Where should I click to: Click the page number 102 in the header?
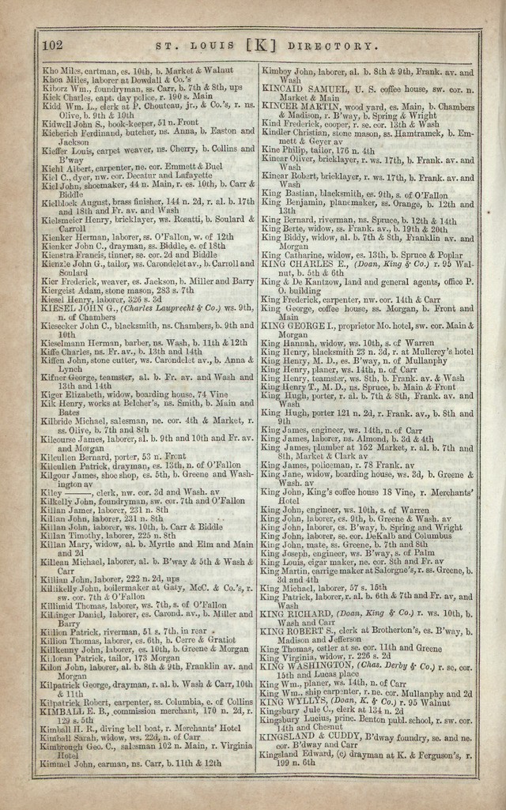51,45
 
